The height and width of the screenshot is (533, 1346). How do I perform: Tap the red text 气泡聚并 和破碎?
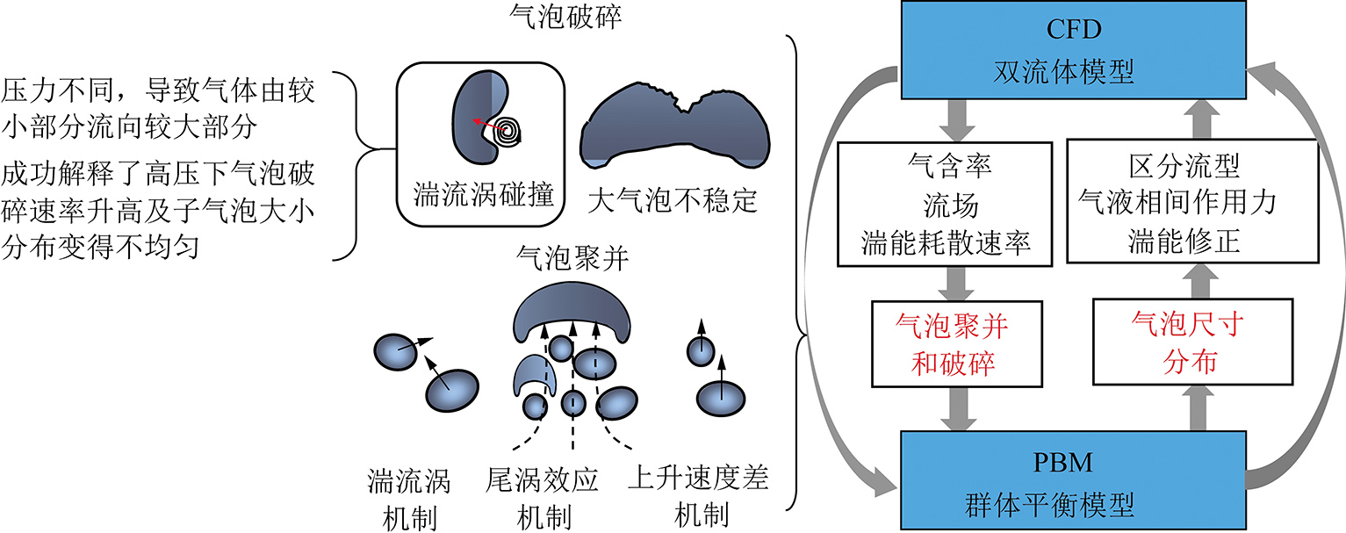pyautogui.click(x=951, y=344)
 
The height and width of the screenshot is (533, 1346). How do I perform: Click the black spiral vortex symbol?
pyautogui.click(x=507, y=132)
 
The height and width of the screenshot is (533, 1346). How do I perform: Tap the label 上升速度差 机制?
pyautogui.click(x=699, y=495)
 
